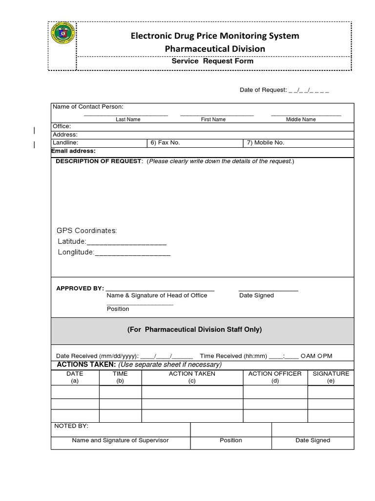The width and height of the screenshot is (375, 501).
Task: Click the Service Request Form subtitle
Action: pos(212,62)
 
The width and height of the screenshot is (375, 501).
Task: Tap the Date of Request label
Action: pos(263,90)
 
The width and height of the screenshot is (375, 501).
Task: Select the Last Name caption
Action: pos(128,119)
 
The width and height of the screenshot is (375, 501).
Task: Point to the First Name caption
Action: pos(213,119)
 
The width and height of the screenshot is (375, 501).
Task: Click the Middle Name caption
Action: pos(301,119)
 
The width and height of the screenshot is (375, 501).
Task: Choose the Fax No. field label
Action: pos(165,143)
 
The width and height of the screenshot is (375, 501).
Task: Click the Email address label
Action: pos(74,151)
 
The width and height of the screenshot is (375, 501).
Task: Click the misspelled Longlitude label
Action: pos(76,253)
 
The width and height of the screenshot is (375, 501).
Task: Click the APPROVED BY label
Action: pos(80,288)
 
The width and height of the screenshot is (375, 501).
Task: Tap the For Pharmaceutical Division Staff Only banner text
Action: pos(195,330)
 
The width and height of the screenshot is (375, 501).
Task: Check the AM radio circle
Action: pos(303,356)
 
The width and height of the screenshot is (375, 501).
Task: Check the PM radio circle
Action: pos(320,356)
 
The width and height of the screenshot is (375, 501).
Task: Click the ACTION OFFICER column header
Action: pos(275,374)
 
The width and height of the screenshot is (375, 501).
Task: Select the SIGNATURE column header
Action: pos(331,374)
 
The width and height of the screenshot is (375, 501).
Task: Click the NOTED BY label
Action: pos(71,426)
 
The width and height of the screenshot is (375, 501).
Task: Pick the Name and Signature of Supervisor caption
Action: pos(120,440)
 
